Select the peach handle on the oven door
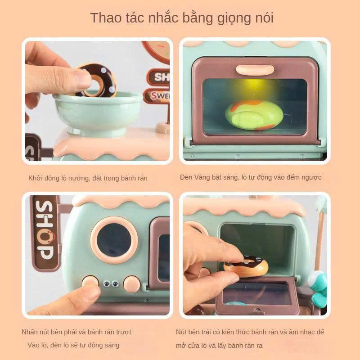[x=255, y=69]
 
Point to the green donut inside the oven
[x=254, y=115]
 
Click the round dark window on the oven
[x=114, y=240]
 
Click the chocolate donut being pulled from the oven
[x=246, y=266]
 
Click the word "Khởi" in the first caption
[x=35, y=178]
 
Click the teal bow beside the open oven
[x=318, y=289]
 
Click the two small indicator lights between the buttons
[x=111, y=284]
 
